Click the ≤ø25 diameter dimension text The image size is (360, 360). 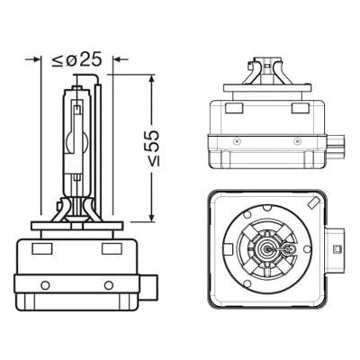[x=76, y=60]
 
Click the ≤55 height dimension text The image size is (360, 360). [x=155, y=148]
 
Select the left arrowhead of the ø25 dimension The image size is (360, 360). [x=37, y=61]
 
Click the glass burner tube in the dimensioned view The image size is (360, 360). [x=76, y=144]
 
